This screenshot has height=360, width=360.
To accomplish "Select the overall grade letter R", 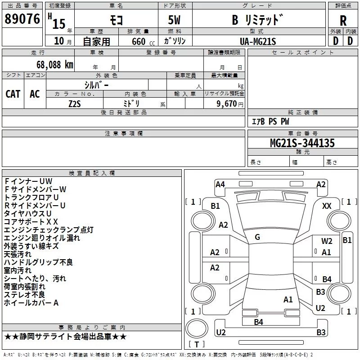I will click(343, 20).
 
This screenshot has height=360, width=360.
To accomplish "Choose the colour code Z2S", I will click(74, 103).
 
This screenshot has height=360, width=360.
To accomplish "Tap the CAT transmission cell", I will click(13, 94).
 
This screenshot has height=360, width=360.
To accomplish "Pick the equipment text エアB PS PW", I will click(270, 121).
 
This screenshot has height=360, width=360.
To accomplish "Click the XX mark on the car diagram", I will click(327, 206).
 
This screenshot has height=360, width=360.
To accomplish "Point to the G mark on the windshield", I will click(257, 237).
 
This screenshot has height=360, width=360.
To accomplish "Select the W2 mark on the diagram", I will click(327, 241).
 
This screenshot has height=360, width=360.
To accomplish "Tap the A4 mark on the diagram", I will click(220, 184).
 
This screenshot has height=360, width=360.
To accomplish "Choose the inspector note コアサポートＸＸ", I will click(31, 222).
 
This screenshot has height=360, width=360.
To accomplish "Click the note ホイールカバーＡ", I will click(31, 303).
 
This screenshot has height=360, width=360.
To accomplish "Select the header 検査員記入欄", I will click(92, 173).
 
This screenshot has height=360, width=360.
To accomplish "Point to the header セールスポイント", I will click(297, 52).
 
